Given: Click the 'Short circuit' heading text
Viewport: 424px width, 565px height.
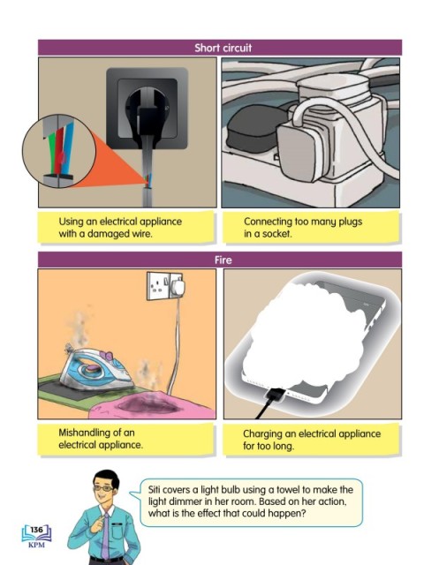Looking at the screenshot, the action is (x=223, y=48).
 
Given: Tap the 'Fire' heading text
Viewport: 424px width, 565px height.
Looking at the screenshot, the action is (x=223, y=260).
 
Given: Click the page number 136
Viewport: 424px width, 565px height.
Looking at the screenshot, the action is (x=36, y=530).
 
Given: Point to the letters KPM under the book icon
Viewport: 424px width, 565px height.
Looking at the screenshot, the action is (x=36, y=545).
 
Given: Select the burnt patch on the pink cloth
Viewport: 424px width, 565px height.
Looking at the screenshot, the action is (x=148, y=404).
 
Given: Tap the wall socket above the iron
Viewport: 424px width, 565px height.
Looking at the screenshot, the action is (x=165, y=286).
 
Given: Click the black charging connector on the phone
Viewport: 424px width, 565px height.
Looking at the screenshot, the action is (x=274, y=395).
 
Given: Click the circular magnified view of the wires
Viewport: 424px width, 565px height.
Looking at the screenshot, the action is (x=59, y=151).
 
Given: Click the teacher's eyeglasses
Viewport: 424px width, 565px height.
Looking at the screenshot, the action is (x=103, y=488).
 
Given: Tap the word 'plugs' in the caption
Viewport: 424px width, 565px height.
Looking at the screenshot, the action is (x=350, y=222).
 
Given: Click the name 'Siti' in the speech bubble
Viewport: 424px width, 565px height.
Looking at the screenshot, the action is (x=155, y=490).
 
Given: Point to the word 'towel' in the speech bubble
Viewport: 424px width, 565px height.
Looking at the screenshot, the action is (x=288, y=490).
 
